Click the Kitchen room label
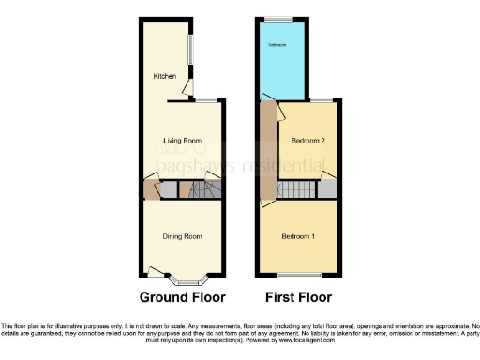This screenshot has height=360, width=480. pos(165,77)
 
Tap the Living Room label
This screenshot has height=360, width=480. pos(183,142)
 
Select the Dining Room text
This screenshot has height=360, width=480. pos(183,236)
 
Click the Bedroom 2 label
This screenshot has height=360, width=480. pos(307,141)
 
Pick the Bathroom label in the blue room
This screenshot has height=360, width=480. pos(277,45)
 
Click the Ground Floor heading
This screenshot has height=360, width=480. pos(183,298)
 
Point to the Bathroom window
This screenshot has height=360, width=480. pos(277,19)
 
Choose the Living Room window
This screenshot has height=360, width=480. pos(205,99)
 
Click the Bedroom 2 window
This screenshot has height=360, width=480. pos(322,99)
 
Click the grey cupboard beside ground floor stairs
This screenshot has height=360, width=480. pos(168,189)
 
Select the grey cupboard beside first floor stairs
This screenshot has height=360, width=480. pos(327,189)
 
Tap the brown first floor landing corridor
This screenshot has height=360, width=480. pos(268,150)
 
